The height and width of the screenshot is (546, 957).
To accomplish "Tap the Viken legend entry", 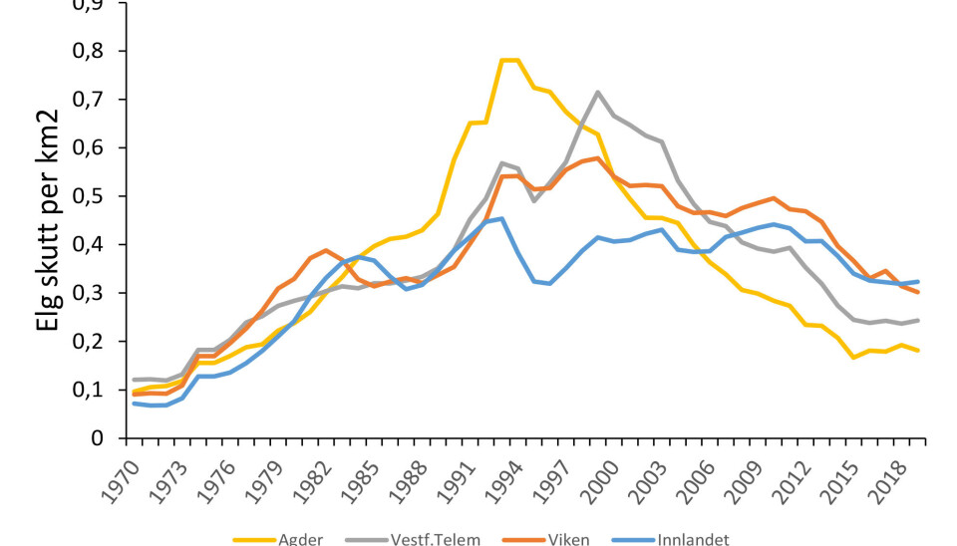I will (567, 540).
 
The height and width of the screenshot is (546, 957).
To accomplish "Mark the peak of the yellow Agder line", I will (509, 60).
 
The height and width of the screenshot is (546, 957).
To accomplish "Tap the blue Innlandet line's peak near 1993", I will (500, 218).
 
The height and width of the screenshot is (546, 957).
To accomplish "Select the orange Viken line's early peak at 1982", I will (326, 250).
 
